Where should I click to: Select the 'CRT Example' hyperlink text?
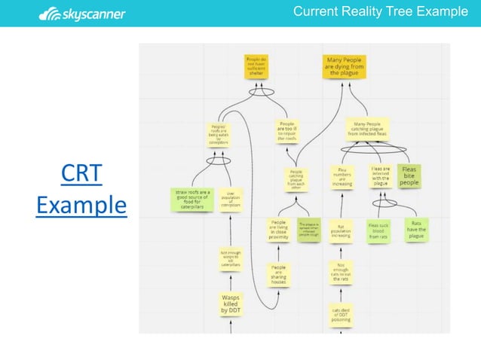point(81,189)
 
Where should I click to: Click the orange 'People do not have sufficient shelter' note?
point(256,66)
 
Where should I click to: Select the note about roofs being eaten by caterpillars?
point(219,133)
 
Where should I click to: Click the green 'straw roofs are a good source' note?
point(191,199)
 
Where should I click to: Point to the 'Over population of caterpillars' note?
point(233,199)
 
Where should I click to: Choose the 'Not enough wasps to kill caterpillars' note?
point(230,259)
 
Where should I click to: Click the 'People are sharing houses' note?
point(279,273)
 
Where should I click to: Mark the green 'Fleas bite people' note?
point(409,176)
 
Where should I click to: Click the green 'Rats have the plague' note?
point(416,230)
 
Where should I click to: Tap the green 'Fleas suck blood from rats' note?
point(378,230)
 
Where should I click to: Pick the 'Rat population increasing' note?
point(341,230)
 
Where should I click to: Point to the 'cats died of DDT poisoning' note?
point(341,314)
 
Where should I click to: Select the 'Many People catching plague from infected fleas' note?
point(367,130)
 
